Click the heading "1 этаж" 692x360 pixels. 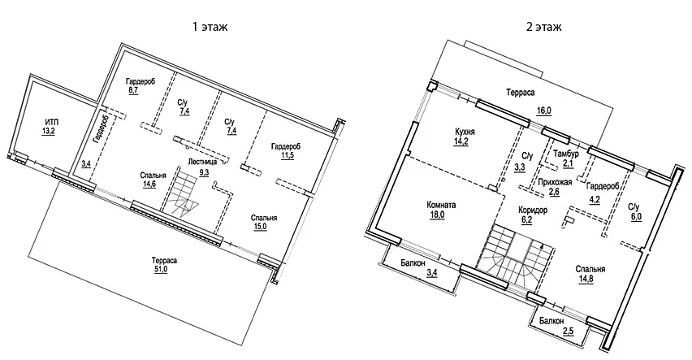tap(210, 27)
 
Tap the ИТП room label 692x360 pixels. tap(50, 122)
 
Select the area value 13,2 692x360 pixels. tap(50, 132)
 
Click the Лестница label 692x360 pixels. tap(203, 162)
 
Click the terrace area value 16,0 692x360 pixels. tap(543, 111)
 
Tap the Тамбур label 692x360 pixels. tap(565, 154)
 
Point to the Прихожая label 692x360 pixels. tap(556, 182)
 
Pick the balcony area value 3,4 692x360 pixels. tap(433, 273)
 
